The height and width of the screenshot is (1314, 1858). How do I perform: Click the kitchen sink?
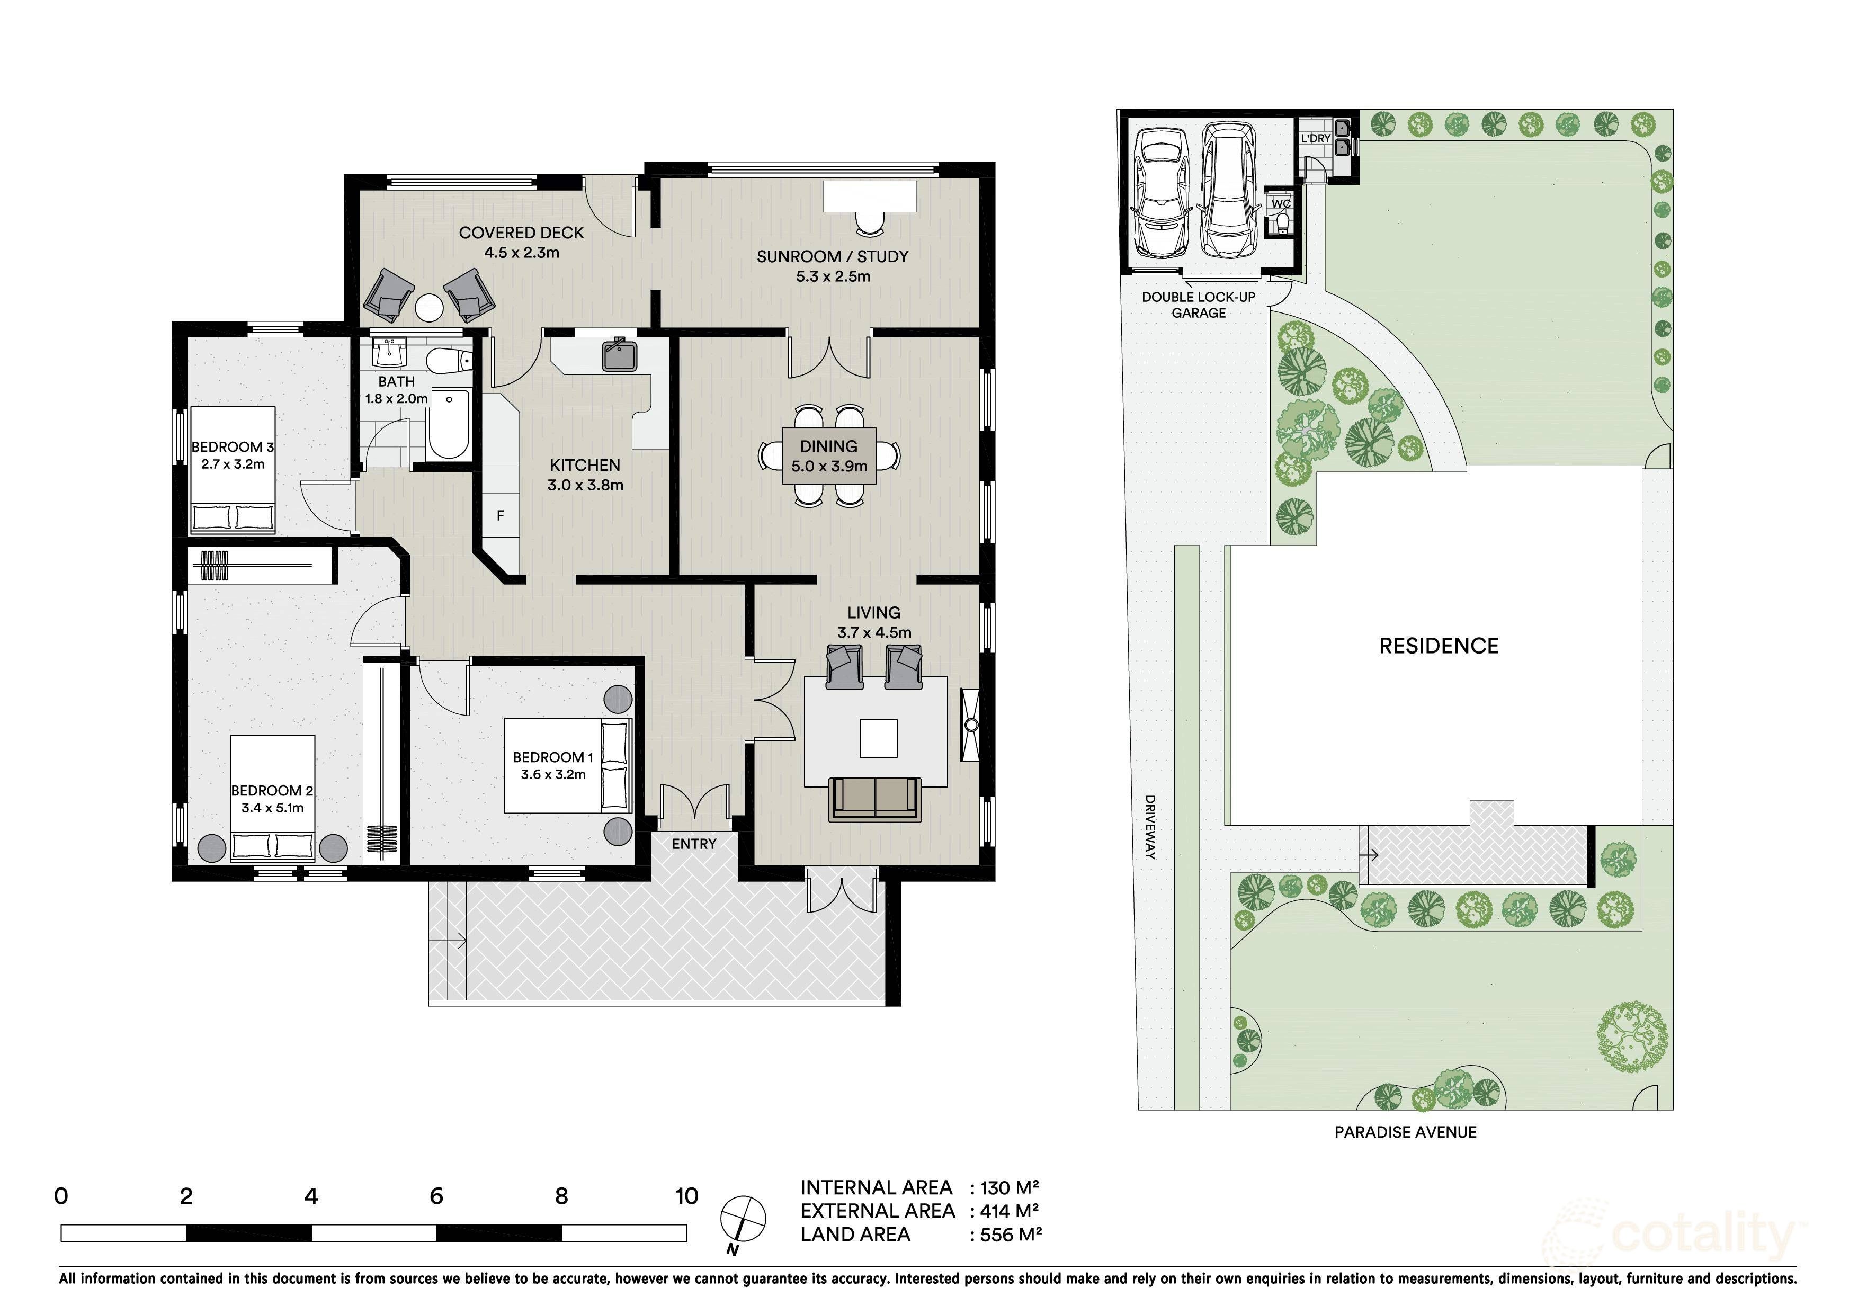pos(620,356)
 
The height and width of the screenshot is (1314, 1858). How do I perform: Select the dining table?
pos(829,455)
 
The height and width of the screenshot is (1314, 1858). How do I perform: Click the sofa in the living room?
pos(876,799)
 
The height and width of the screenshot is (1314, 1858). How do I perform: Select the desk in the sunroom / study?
pos(870,196)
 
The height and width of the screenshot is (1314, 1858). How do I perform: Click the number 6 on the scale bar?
pos(436,1196)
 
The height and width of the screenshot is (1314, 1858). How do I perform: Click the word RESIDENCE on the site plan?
pos(1439,646)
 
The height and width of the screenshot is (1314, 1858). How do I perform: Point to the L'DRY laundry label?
pos(1316,138)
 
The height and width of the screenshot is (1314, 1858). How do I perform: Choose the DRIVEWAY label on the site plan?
pos(1150,827)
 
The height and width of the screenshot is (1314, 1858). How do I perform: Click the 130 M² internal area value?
pos(1009,1188)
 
